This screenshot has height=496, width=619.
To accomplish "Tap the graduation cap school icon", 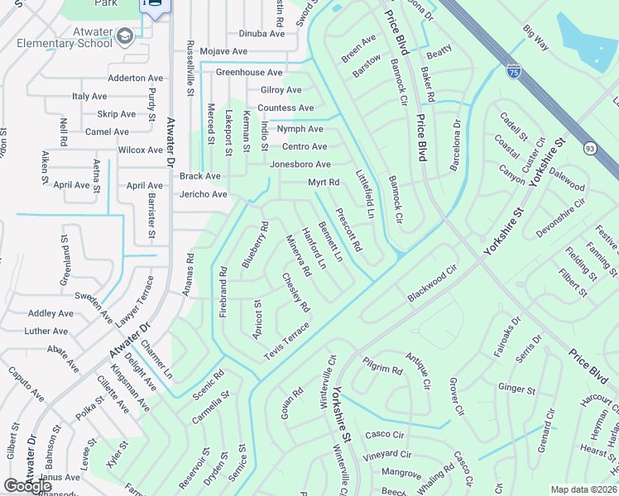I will coord(124,36).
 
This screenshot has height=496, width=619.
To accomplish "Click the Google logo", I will coord(28,486).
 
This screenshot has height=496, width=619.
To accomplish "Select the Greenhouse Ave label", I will coord(248,73).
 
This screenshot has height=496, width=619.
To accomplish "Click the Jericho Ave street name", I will coord(203,194).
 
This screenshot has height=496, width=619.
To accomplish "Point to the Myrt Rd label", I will coord(324,182).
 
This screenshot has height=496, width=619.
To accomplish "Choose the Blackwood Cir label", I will coord(432,284).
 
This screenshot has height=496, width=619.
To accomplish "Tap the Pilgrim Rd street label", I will coord(381,370).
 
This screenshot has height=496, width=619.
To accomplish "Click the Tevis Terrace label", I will coord(286,340).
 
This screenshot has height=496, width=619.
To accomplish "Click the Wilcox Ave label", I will coord(140,150).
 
